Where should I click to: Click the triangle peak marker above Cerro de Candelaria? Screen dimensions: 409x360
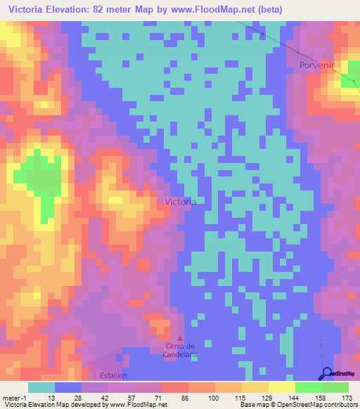[x=179, y=338]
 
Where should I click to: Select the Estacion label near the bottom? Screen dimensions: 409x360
[x=114, y=375]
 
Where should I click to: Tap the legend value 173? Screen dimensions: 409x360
[x=347, y=397]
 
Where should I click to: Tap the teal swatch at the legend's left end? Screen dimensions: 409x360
[x=41, y=387]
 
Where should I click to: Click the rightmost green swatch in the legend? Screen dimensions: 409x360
[x=335, y=387]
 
